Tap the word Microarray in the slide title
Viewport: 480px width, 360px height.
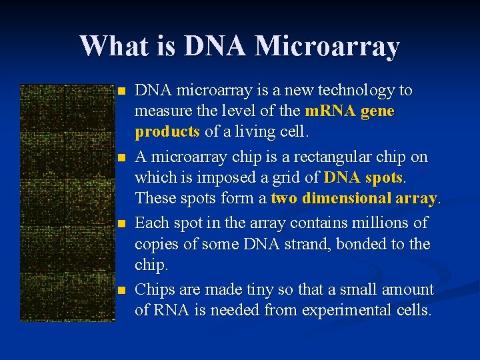(x=327, y=46)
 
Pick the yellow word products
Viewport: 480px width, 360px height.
(x=167, y=132)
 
